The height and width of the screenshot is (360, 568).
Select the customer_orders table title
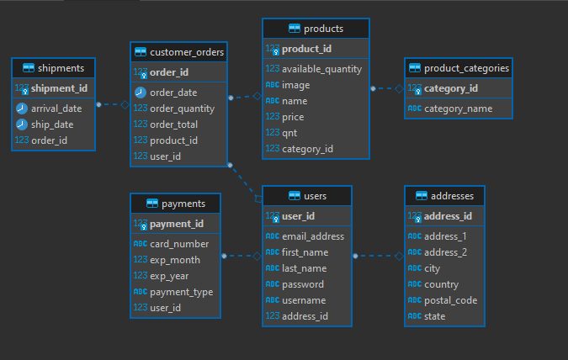[x=187, y=52]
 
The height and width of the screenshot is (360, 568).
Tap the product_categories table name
[x=466, y=68]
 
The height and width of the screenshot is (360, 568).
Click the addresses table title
[x=452, y=196]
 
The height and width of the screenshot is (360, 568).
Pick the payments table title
[x=183, y=204]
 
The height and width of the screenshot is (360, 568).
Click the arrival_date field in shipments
[x=56, y=109]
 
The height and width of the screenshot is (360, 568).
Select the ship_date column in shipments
[x=53, y=124]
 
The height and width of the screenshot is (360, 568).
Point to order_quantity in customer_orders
[x=182, y=109]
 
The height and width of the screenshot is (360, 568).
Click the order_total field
[x=174, y=124]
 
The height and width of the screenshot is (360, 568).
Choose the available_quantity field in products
[x=321, y=69]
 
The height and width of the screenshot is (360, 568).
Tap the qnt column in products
[x=291, y=133]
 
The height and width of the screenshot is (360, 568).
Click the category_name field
[x=458, y=109]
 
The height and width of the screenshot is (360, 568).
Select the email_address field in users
[x=312, y=236]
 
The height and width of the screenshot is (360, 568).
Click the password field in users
[x=303, y=284]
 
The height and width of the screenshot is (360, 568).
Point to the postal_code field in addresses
[x=450, y=300]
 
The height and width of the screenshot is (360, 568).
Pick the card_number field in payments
[x=178, y=245]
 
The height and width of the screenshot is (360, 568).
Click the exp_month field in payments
[x=174, y=261]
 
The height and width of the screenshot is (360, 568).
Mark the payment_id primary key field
[x=177, y=224]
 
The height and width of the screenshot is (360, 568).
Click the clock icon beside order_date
[x=140, y=93]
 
